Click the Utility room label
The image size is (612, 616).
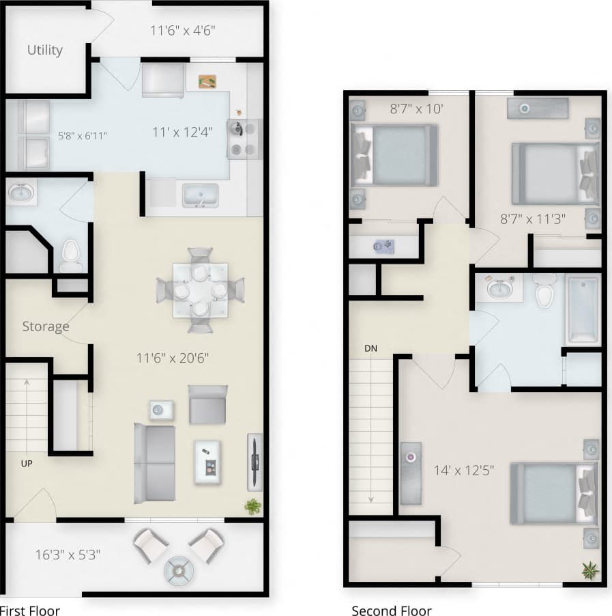coord(45,50)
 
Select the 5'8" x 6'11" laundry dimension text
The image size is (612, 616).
coord(83,135)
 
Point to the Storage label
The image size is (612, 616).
coord(46,326)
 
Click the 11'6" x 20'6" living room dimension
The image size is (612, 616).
coord(172,358)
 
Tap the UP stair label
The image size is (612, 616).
coord(27,463)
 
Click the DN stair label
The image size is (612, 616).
coord(370,349)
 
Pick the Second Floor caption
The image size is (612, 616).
coord(391,611)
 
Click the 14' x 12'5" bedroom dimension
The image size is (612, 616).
coord(463,470)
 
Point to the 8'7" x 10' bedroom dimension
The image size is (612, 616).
coord(417,108)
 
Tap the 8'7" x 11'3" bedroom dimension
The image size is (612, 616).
coord(532,219)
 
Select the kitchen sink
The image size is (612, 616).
coord(200,195)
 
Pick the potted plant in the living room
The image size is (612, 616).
coord(252,506)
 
